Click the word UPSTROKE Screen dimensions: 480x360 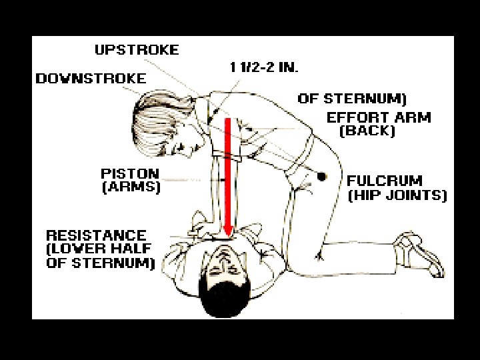click(137, 50)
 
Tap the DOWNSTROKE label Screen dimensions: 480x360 click(91, 79)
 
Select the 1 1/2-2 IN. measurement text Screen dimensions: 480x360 click(264, 67)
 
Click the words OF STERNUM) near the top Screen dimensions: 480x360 click(351, 99)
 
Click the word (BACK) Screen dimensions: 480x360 click(367, 131)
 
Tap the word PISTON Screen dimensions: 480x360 click(129, 174)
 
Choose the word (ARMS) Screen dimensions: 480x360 click(131, 187)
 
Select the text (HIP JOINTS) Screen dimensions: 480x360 click(397, 195)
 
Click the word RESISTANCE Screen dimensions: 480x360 click(96, 235)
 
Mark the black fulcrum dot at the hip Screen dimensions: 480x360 click(321, 177)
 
